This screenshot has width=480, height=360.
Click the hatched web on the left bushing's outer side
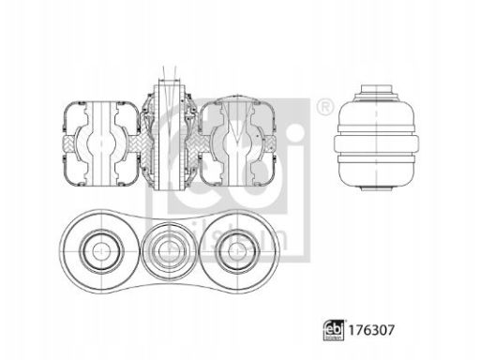66,142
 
